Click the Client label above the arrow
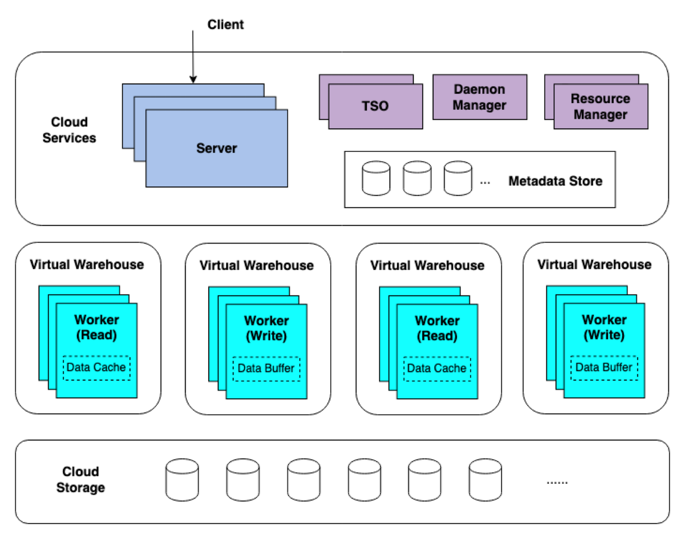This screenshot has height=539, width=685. click(x=225, y=24)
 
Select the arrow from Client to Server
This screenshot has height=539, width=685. click(x=193, y=56)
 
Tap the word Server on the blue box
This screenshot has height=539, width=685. click(x=216, y=148)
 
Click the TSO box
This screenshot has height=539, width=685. click(x=375, y=106)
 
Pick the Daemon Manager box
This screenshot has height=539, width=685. click(x=479, y=97)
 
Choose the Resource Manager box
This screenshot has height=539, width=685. click(x=600, y=107)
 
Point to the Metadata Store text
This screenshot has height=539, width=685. click(x=555, y=181)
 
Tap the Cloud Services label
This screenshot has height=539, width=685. click(x=69, y=130)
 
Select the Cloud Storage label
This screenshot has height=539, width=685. click(x=80, y=480)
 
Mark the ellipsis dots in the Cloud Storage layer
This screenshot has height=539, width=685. click(x=557, y=483)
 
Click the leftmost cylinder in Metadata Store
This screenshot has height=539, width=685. click(x=376, y=178)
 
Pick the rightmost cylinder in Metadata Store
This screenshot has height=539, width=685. click(x=458, y=178)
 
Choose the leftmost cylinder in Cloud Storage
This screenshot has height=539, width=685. click(x=182, y=480)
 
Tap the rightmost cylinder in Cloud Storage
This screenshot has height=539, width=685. click(x=485, y=480)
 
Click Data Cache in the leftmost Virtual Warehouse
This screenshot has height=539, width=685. click(x=96, y=368)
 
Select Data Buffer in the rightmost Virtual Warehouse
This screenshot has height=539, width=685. click(x=604, y=368)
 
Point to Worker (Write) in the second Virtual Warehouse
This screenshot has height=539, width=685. click(x=267, y=328)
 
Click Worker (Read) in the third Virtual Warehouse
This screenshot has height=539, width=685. click(x=437, y=328)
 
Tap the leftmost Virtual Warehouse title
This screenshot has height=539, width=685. click(x=87, y=264)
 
